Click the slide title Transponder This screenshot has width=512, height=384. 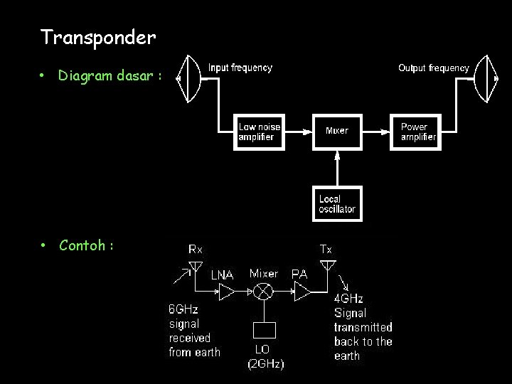[98, 37]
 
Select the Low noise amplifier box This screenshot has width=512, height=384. [260, 132]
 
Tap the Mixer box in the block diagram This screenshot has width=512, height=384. [337, 131]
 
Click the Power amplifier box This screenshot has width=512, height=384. [416, 132]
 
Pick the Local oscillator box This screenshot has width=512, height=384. [337, 204]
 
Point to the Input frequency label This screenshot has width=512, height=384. [240, 68]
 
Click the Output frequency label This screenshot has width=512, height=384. [433, 68]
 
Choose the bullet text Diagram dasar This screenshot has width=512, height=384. [110, 75]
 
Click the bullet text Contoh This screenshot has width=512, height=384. [86, 245]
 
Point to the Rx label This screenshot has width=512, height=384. [196, 250]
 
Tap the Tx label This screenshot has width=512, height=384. [326, 250]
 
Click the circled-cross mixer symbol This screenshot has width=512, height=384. [264, 292]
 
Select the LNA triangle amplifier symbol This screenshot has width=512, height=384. [225, 292]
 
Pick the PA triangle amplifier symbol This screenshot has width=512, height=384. [302, 292]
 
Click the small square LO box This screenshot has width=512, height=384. [265, 331]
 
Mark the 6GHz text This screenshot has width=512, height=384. [183, 309]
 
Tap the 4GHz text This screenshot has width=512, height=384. [348, 299]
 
